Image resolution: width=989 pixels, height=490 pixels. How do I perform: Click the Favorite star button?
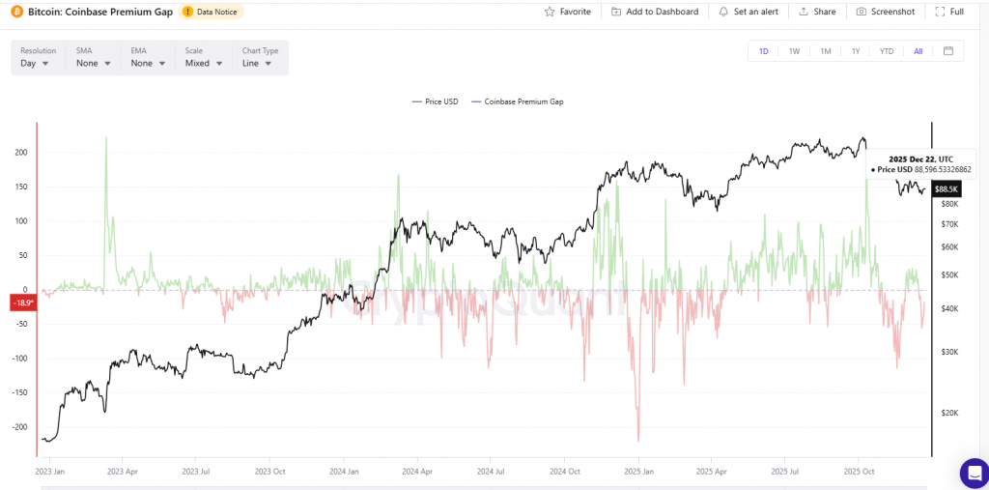coord(567,12)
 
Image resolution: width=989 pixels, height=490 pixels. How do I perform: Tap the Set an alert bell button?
coord(749,12)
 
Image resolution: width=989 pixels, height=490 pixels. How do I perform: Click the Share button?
coord(816,12)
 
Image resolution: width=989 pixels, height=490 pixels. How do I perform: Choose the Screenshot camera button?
coord(885,12)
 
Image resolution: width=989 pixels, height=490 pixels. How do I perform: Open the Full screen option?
coord(949,12)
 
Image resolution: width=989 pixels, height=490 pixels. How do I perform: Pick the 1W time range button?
coord(794,51)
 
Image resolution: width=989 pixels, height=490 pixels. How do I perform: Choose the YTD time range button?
coord(886,51)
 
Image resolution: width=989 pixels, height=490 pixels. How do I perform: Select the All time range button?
coord(918,51)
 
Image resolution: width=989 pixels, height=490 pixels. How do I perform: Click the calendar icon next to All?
coord(947,51)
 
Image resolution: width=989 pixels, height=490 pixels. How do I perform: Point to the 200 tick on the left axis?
coord(20,153)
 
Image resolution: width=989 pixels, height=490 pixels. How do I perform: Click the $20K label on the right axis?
coord(948,413)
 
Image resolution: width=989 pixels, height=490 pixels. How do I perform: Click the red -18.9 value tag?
coord(22,303)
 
